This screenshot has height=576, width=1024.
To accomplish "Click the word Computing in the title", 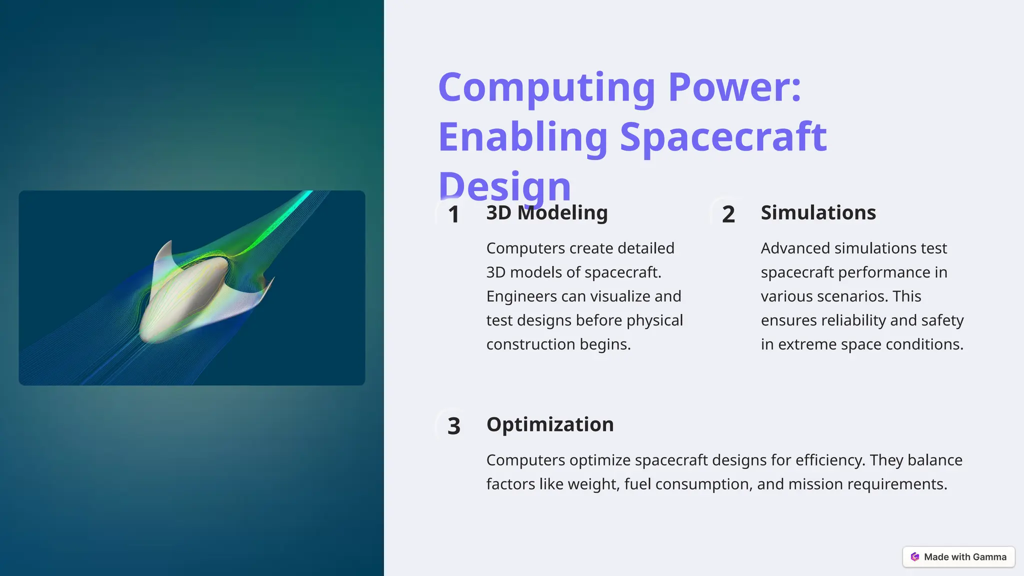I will pos(546,88).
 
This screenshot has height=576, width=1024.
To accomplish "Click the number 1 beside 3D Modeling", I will pos(453,214).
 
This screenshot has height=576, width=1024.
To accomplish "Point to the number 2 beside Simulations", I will pos(728,214).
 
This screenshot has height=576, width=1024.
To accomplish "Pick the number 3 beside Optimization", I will pos(453,426).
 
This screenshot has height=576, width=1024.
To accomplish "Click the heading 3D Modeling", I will pos(547,212).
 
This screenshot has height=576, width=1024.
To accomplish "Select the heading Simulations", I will pos(818,212).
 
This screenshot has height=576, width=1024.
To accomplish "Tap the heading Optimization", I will pos(550,424).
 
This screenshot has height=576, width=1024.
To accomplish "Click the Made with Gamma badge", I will pos(958,557).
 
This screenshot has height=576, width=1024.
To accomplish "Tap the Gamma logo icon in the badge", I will pos(915,557).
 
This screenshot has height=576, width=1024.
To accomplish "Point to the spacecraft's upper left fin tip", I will pos(169,243).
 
